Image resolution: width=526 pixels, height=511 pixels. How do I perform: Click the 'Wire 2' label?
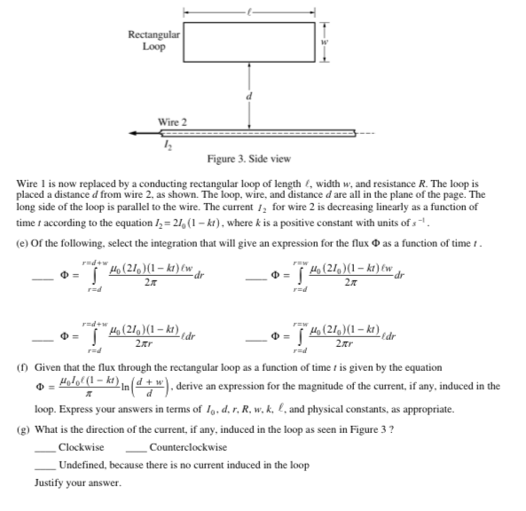pyautogui.click(x=173, y=121)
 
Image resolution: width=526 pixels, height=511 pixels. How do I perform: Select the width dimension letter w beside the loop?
pyautogui.click(x=324, y=42)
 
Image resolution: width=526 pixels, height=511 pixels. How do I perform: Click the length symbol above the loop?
pyautogui.click(x=249, y=12)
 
